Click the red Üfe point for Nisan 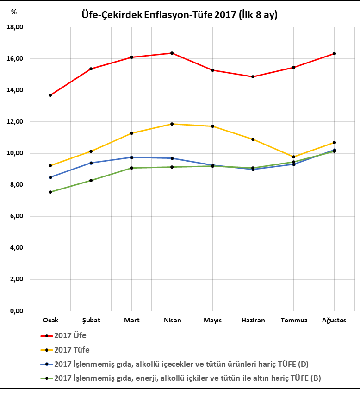tap(172, 53)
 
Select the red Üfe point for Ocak tap(50, 95)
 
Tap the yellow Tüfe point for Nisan tap(172, 124)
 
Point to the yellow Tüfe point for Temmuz tap(293, 157)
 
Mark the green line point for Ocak tap(50, 192)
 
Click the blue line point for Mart tap(132, 157)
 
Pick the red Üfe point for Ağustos tap(334, 53)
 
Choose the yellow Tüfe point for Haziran tap(253, 139)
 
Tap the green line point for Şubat tap(91, 180)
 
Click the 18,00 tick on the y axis tap(16, 27)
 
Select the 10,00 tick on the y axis tap(16, 153)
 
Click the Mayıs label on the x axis tap(212, 320)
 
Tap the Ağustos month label tap(334, 320)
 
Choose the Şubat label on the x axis tap(91, 320)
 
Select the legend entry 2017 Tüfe tap(72, 350)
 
